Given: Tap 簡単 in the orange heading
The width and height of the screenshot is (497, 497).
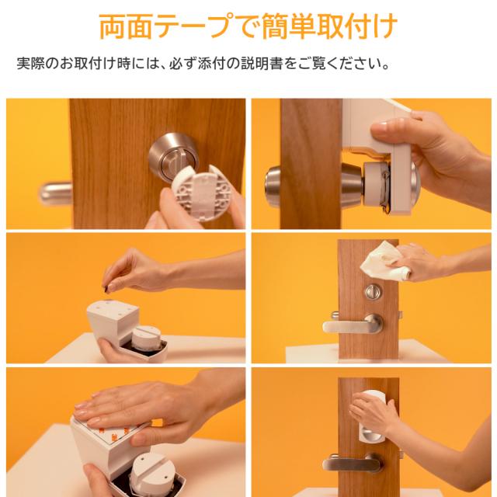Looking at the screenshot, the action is click(x=287, y=26).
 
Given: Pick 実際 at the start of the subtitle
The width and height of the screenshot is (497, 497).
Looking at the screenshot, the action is click(x=30, y=64).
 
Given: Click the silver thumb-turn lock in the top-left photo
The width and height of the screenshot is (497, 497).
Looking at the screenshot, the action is click(x=172, y=155).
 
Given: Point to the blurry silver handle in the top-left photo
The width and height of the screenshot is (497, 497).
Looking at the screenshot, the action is click(x=55, y=192).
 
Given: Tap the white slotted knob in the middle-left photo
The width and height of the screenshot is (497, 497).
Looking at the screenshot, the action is click(x=146, y=339).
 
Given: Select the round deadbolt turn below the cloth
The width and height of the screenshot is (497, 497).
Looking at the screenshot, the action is click(x=373, y=292).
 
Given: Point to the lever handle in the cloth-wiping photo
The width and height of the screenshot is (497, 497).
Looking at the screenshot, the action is click(x=353, y=325).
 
